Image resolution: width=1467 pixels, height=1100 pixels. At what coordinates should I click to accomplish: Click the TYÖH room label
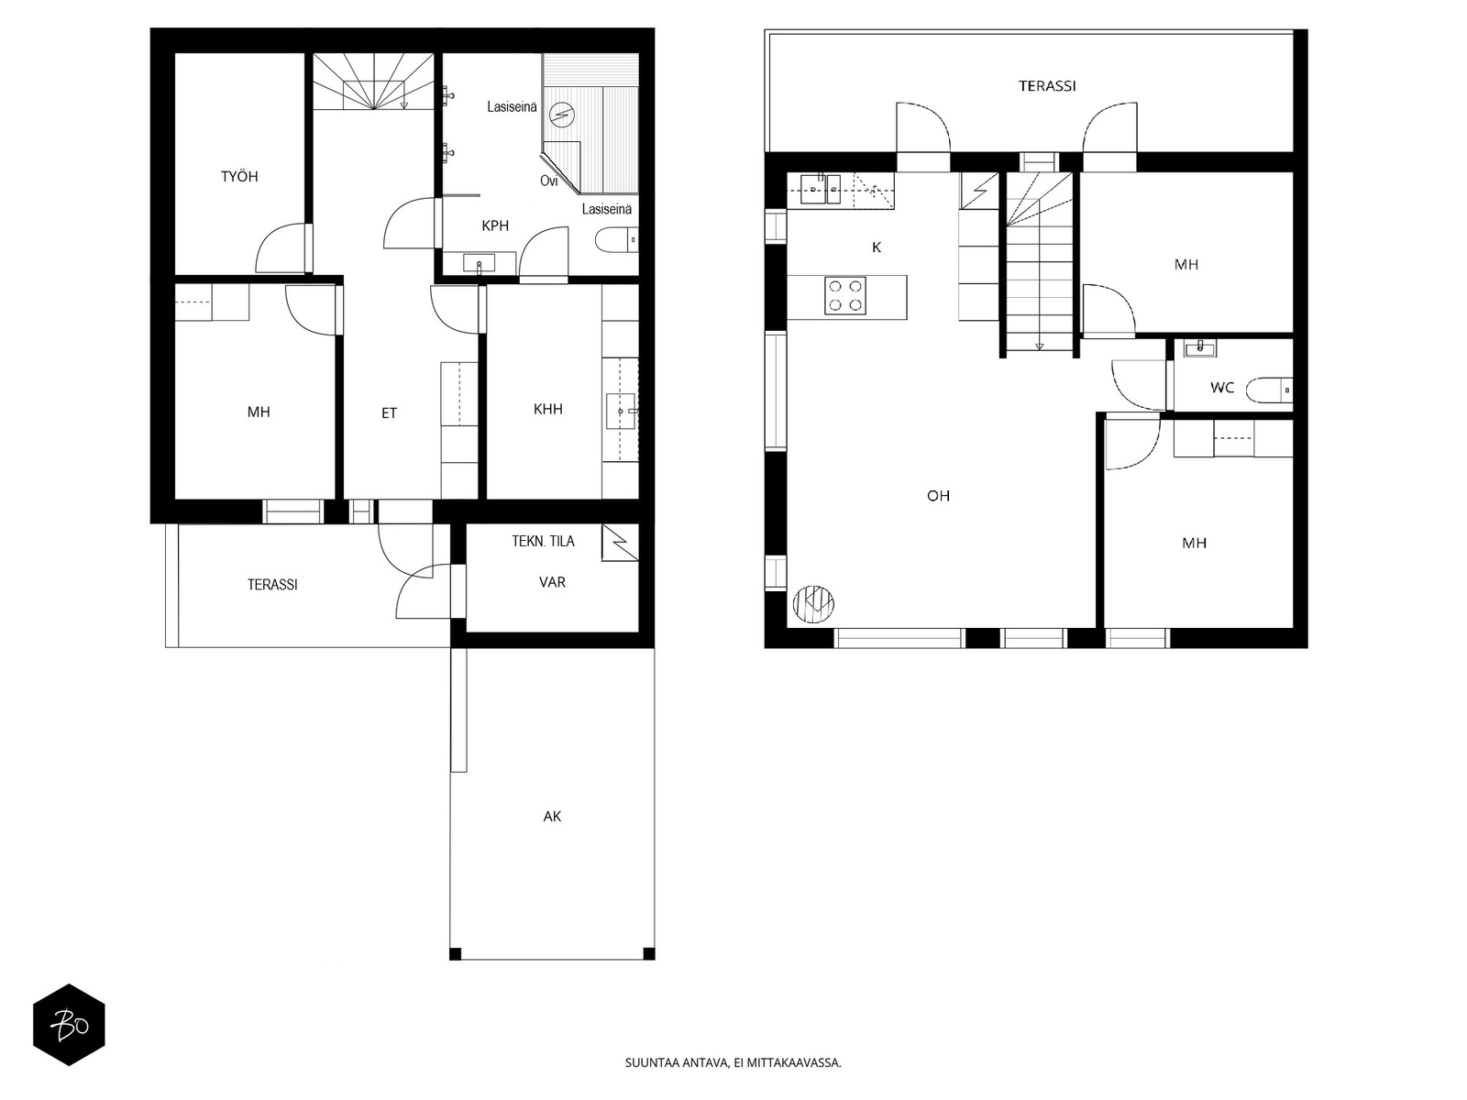coord(239,176)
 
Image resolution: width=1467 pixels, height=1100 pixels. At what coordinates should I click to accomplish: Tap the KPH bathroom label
coord(495,225)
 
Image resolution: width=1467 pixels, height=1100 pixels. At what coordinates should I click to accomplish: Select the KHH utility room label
coord(548,409)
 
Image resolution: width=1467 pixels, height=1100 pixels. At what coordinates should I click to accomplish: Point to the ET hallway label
coord(389,413)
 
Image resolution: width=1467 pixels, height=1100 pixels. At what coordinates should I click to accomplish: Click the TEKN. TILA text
coord(544,541)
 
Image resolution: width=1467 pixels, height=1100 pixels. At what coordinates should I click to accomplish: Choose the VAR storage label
coord(552,582)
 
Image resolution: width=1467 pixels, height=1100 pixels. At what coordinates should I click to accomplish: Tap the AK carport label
coord(552,816)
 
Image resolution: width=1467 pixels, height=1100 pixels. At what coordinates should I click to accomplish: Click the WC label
coord(1221,388)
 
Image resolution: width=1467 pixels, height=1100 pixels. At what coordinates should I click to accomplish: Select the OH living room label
coord(938,496)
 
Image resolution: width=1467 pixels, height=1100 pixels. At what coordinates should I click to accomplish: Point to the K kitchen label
coord(877,247)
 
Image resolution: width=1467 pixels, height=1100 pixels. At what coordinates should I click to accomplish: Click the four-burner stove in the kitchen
coord(845,296)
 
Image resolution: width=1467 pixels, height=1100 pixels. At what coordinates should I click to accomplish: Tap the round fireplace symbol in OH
coord(813,604)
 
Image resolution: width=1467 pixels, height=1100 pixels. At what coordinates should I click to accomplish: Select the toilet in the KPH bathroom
coord(616,240)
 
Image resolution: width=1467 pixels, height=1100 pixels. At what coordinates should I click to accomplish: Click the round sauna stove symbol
coord(561,115)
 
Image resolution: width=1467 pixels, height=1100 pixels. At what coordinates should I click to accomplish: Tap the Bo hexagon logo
coord(69,1025)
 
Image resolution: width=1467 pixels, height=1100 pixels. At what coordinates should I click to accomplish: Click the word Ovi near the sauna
coord(548,181)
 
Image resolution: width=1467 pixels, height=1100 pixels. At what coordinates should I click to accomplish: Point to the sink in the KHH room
coord(622,412)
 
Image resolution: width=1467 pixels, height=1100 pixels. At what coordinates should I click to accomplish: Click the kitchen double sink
coord(820,189)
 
